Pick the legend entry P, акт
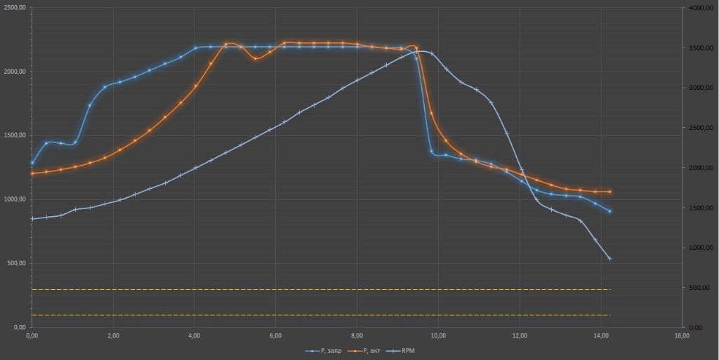[x=367, y=349]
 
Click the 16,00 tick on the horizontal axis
[x=681, y=336]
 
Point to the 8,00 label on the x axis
[x=357, y=336]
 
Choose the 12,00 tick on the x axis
[x=520, y=336]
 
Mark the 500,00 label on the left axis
[x=18, y=263]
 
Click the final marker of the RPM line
[x=610, y=259]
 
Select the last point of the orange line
[x=610, y=192]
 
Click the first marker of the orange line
[x=32, y=173]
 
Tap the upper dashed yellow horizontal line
[x=321, y=289]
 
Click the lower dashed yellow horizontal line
[x=321, y=315]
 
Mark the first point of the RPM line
[x=32, y=219]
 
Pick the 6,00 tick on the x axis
[x=276, y=336]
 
